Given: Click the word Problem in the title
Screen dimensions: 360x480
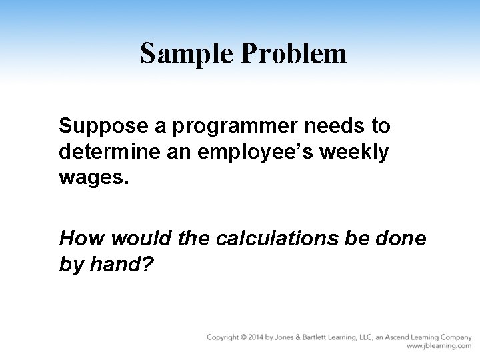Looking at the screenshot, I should (293, 54).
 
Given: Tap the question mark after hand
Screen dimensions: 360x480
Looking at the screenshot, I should (149, 265).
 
